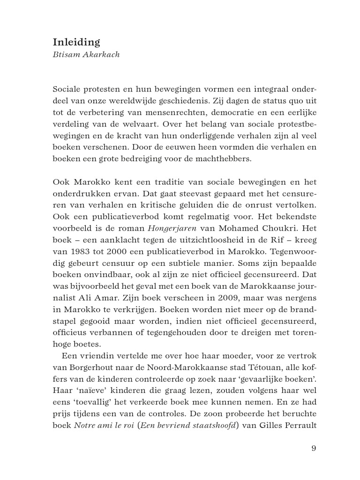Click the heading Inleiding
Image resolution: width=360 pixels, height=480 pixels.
pos(76,42)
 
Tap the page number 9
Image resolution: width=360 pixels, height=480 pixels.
pos(314,448)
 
